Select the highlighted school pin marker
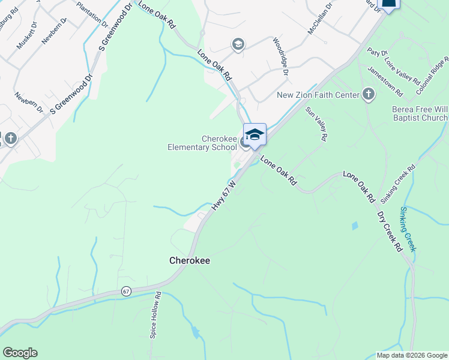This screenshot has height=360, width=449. pos(255,135)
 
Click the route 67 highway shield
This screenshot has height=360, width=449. pos(125,291)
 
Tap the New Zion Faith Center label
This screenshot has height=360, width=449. pos(317,95)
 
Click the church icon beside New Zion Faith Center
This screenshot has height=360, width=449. pos(368,95)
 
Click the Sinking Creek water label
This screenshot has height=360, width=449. pos(408,229)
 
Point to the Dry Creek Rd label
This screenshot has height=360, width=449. pos(389,230)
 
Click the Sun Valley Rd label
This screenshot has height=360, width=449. pos(316,124)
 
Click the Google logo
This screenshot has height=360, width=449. pos(20,353)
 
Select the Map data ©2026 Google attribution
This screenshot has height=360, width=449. pos(411,355)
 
